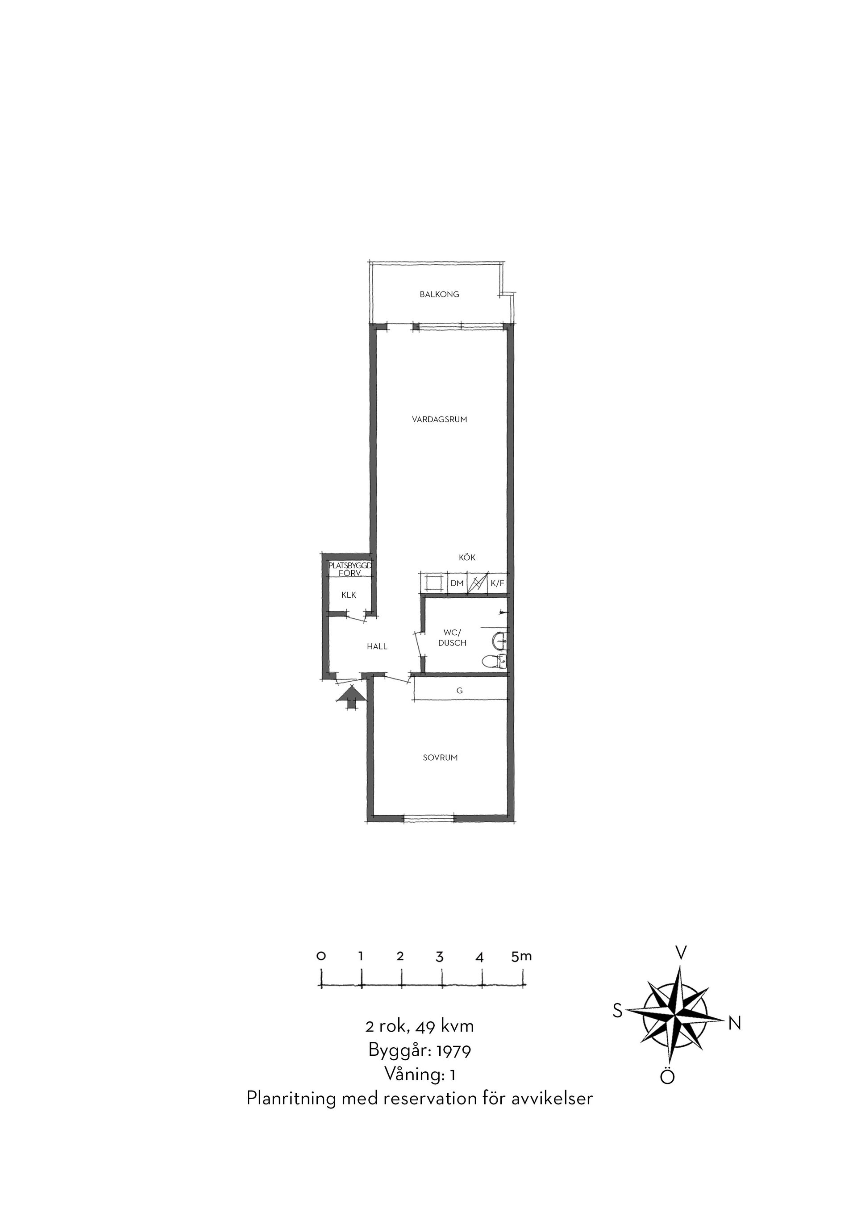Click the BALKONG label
tap(440, 294)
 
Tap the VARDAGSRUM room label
tap(440, 420)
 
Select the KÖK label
tap(467, 558)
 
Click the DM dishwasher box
tap(457, 583)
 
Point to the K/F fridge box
tap(497, 583)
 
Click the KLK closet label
tap(349, 595)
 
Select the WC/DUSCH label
tap(452, 637)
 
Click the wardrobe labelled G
tap(460, 691)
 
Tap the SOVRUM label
tap(440, 758)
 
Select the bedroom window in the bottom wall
tap(429, 818)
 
